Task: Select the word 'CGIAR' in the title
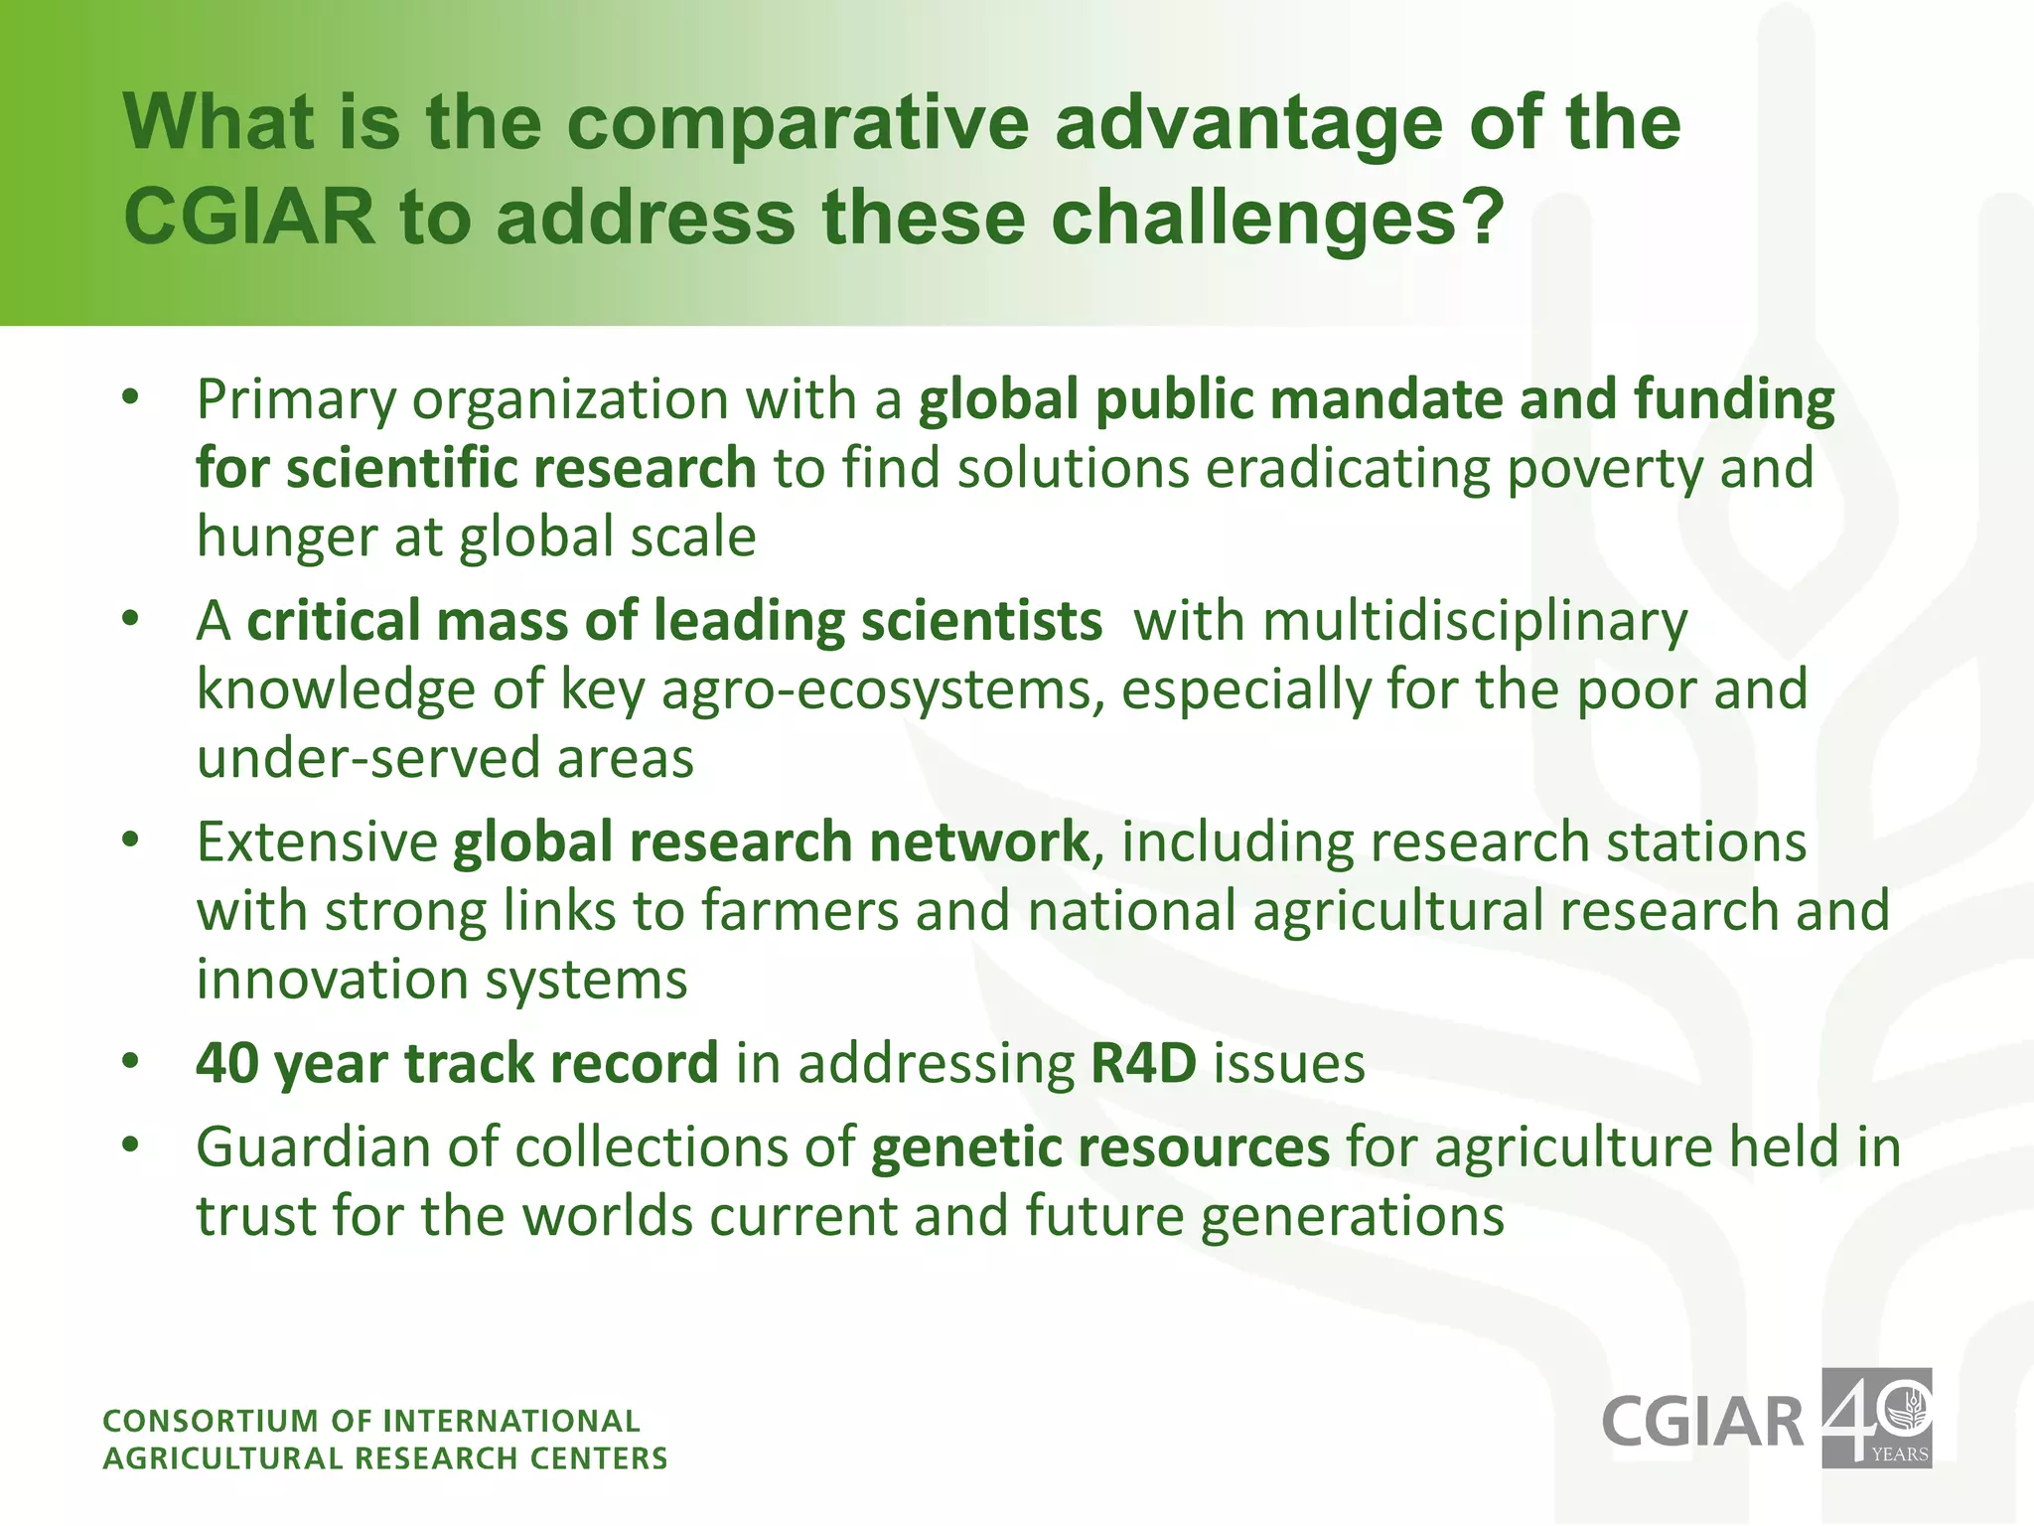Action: coord(249,217)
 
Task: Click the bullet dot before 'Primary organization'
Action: coord(131,398)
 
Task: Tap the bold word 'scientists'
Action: coord(981,621)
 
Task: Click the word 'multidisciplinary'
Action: coord(1410,621)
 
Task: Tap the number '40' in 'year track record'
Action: coord(227,1064)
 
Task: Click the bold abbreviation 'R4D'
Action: coord(1144,1064)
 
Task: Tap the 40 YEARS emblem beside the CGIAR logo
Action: coord(1876,1419)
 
